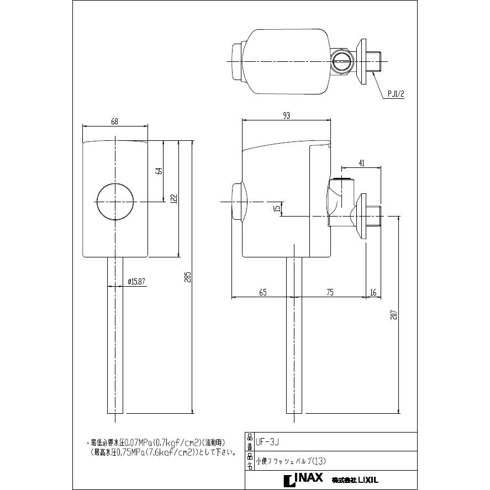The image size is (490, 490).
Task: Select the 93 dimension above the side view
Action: point(286,115)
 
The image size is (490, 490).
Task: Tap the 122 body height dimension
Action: point(173,198)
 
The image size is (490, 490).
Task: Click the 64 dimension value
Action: point(159,171)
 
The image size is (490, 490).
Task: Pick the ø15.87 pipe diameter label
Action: point(136,281)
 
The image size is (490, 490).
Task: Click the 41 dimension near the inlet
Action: point(361,162)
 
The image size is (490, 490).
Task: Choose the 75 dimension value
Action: point(330,293)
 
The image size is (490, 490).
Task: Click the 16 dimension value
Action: point(373,293)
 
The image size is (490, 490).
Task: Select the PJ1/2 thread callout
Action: point(397,94)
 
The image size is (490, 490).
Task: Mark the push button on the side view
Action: point(239,202)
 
